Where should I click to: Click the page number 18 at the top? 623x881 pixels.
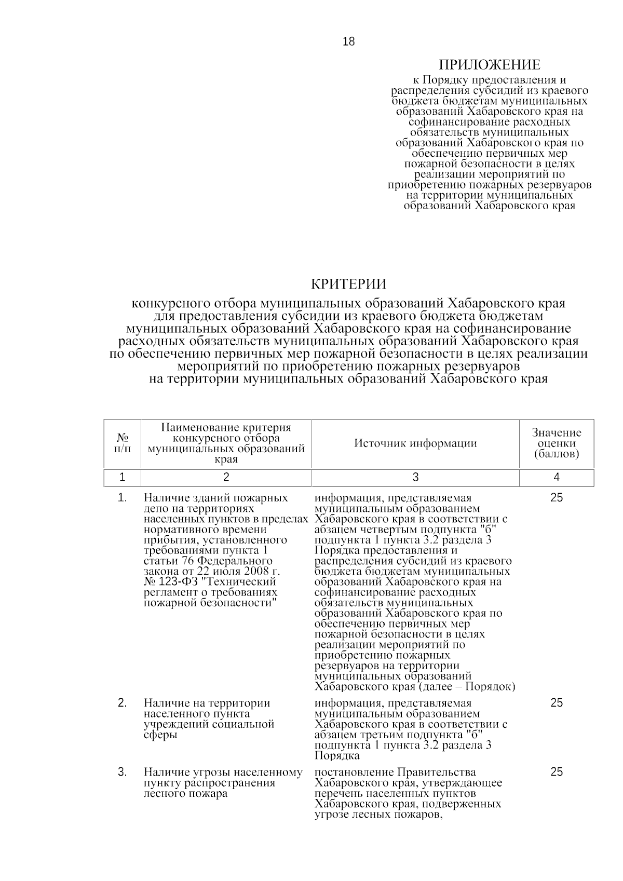point(348,42)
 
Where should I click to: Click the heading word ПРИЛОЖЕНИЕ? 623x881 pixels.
point(490,65)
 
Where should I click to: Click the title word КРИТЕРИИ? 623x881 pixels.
point(348,284)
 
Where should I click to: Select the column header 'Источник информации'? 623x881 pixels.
point(415,443)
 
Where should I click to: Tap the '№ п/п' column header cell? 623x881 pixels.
point(123,443)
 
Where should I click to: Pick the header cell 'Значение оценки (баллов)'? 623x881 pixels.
point(557,443)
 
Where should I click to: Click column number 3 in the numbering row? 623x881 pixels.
point(415,477)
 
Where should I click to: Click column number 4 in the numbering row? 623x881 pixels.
point(557,477)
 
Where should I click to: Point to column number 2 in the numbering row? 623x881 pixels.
point(226,477)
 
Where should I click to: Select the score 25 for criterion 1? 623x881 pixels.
point(557,497)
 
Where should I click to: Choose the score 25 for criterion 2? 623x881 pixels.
point(557,703)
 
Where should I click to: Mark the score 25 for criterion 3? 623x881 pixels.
point(557,772)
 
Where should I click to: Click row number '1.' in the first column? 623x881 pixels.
point(123,497)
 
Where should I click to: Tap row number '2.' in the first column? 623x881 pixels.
point(123,703)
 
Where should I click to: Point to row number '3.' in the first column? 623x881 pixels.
point(123,772)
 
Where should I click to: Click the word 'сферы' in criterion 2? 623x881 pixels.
point(160,735)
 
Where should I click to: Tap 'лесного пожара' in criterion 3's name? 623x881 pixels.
point(185,794)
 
